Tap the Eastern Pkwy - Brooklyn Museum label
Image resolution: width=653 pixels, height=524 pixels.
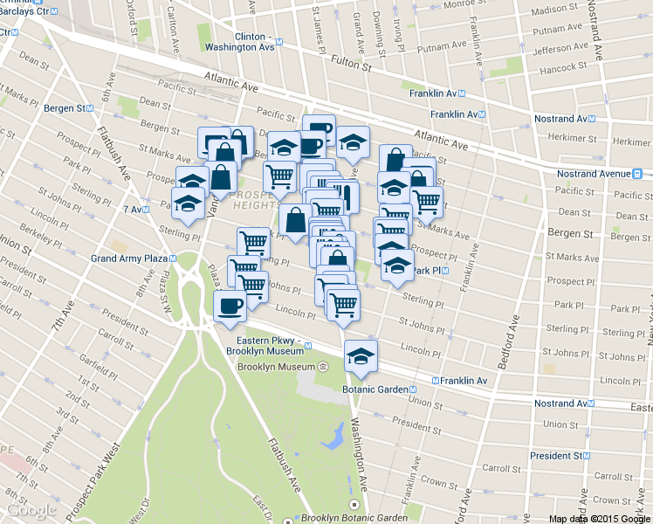[265, 346]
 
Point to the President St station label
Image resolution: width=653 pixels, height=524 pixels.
[559, 456]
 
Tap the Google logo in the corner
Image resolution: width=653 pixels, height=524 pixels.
[31, 510]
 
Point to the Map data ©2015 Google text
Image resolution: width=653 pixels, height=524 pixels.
[599, 518]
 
